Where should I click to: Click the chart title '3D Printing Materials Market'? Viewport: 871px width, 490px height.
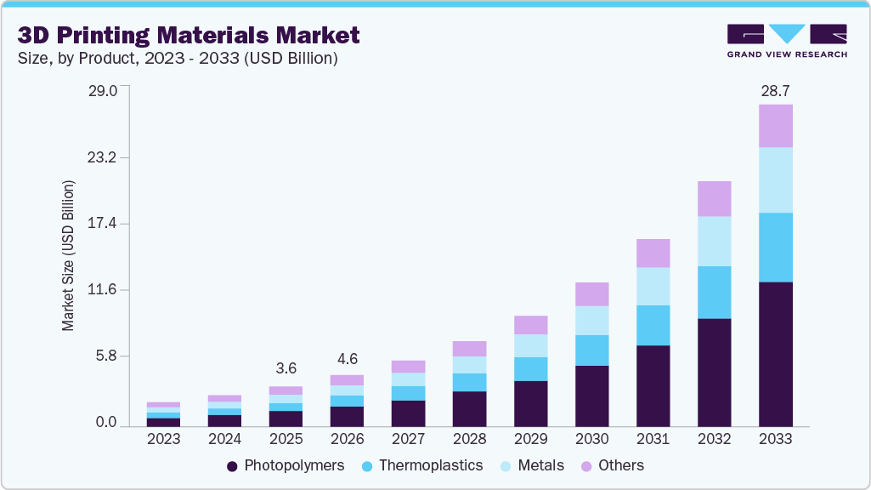pyautogui.click(x=189, y=35)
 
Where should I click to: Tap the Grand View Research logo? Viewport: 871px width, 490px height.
pyautogui.click(x=786, y=40)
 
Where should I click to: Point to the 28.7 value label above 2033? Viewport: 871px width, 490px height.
pyautogui.click(x=775, y=90)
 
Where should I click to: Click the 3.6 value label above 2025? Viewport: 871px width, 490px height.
pyautogui.click(x=286, y=368)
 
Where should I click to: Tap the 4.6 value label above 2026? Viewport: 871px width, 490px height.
pyautogui.click(x=347, y=359)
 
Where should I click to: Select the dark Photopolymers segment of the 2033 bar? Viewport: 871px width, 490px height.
pyautogui.click(x=775, y=353)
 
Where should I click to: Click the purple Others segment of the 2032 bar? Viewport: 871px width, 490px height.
pyautogui.click(x=714, y=198)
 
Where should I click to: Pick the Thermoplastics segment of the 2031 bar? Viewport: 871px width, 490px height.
pyautogui.click(x=653, y=325)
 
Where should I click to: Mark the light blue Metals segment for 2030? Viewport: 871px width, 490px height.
pyautogui.click(x=591, y=320)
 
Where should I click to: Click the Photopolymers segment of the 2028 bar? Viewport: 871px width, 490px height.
pyautogui.click(x=469, y=408)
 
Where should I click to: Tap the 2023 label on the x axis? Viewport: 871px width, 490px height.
pyautogui.click(x=163, y=439)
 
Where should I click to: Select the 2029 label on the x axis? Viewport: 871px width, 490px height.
pyautogui.click(x=530, y=439)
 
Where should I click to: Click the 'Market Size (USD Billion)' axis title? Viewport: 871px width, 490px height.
pyautogui.click(x=68, y=255)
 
